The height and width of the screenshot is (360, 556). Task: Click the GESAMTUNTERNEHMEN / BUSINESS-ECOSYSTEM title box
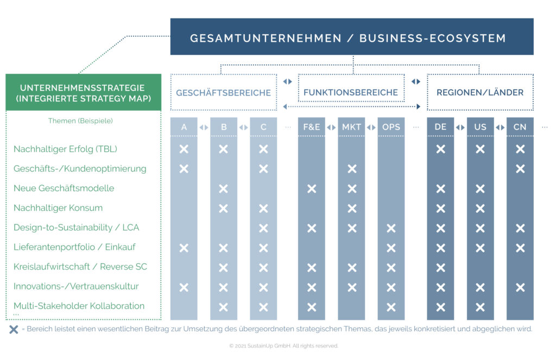352,37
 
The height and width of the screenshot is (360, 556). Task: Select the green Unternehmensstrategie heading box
83,93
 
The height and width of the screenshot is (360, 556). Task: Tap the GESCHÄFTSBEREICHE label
223,93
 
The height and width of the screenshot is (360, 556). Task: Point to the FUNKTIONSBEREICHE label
351,93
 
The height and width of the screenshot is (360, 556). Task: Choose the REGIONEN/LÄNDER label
480,93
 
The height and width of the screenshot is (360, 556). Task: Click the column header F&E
312,127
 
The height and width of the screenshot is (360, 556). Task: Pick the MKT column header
351,127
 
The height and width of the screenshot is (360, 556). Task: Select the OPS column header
391,127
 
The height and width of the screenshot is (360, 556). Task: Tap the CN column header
520,127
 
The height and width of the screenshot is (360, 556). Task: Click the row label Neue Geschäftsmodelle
64,188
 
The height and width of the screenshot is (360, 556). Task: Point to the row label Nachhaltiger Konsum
58,208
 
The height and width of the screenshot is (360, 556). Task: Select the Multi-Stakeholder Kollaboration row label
79,306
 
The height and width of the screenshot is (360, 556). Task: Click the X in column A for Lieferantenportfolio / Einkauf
184,248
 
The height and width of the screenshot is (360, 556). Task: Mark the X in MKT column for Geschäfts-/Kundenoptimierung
352,169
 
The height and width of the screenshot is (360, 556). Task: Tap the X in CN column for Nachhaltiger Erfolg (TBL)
520,149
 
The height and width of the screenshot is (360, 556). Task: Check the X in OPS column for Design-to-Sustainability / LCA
391,228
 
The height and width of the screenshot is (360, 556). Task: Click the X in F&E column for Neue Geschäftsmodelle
312,188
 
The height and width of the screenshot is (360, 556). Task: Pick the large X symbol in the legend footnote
14,329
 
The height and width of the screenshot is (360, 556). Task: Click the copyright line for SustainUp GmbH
283,346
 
